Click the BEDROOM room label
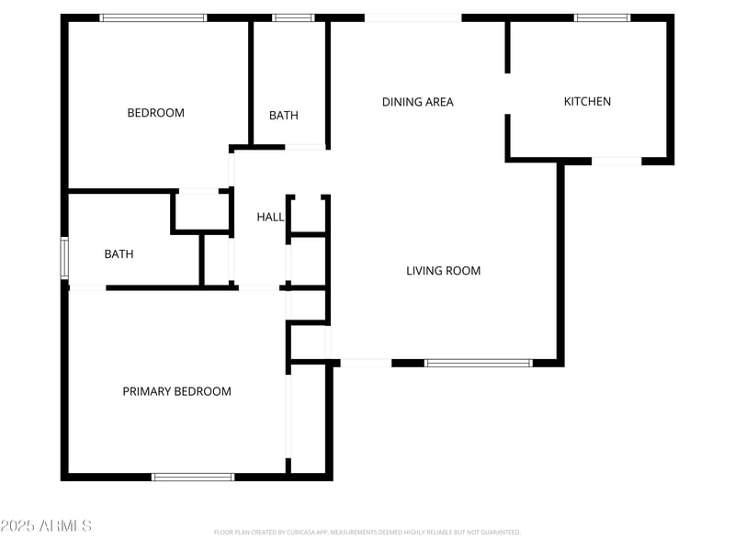coord(155,113)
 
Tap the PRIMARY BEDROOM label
coord(176,391)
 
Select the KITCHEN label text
coord(587,102)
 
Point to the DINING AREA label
coord(417,102)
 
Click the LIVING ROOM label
coord(443,271)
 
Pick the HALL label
coord(270,217)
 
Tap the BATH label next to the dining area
coord(283,116)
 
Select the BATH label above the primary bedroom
coord(119,254)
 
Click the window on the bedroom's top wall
coord(153,17)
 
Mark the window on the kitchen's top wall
coord(603,17)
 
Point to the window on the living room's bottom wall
coord(478,363)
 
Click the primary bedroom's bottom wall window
coord(193,477)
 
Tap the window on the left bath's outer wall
coord(64,258)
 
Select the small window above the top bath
coord(293,17)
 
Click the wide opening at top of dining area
coord(413,17)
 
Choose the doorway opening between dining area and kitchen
coord(507,94)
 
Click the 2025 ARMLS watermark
coord(46,526)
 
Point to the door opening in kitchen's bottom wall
coord(616,162)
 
